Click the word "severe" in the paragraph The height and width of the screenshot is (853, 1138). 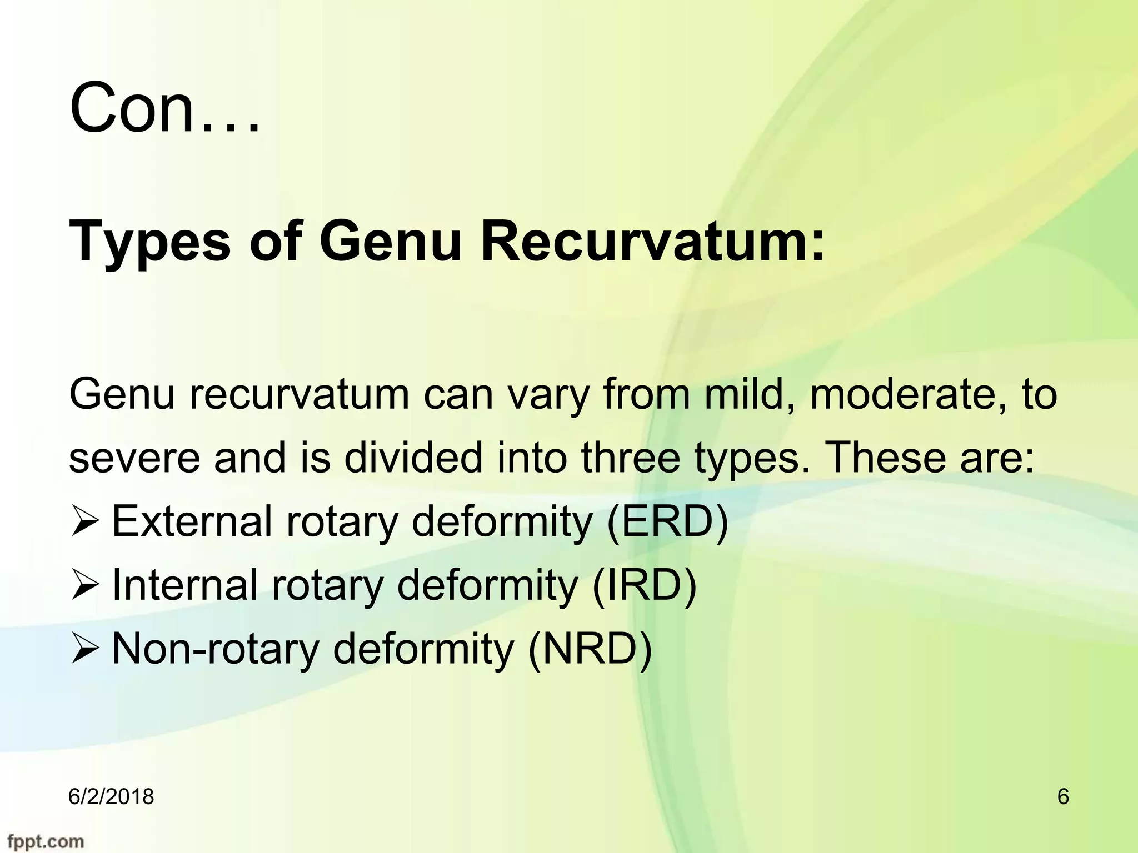134,459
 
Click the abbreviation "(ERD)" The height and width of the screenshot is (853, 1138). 667,523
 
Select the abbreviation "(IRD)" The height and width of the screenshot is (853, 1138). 644,586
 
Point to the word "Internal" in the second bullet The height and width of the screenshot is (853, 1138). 184,586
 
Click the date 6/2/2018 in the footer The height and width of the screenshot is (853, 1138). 111,797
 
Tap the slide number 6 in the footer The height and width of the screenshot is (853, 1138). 1063,797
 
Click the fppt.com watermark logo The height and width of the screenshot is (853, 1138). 42,841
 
